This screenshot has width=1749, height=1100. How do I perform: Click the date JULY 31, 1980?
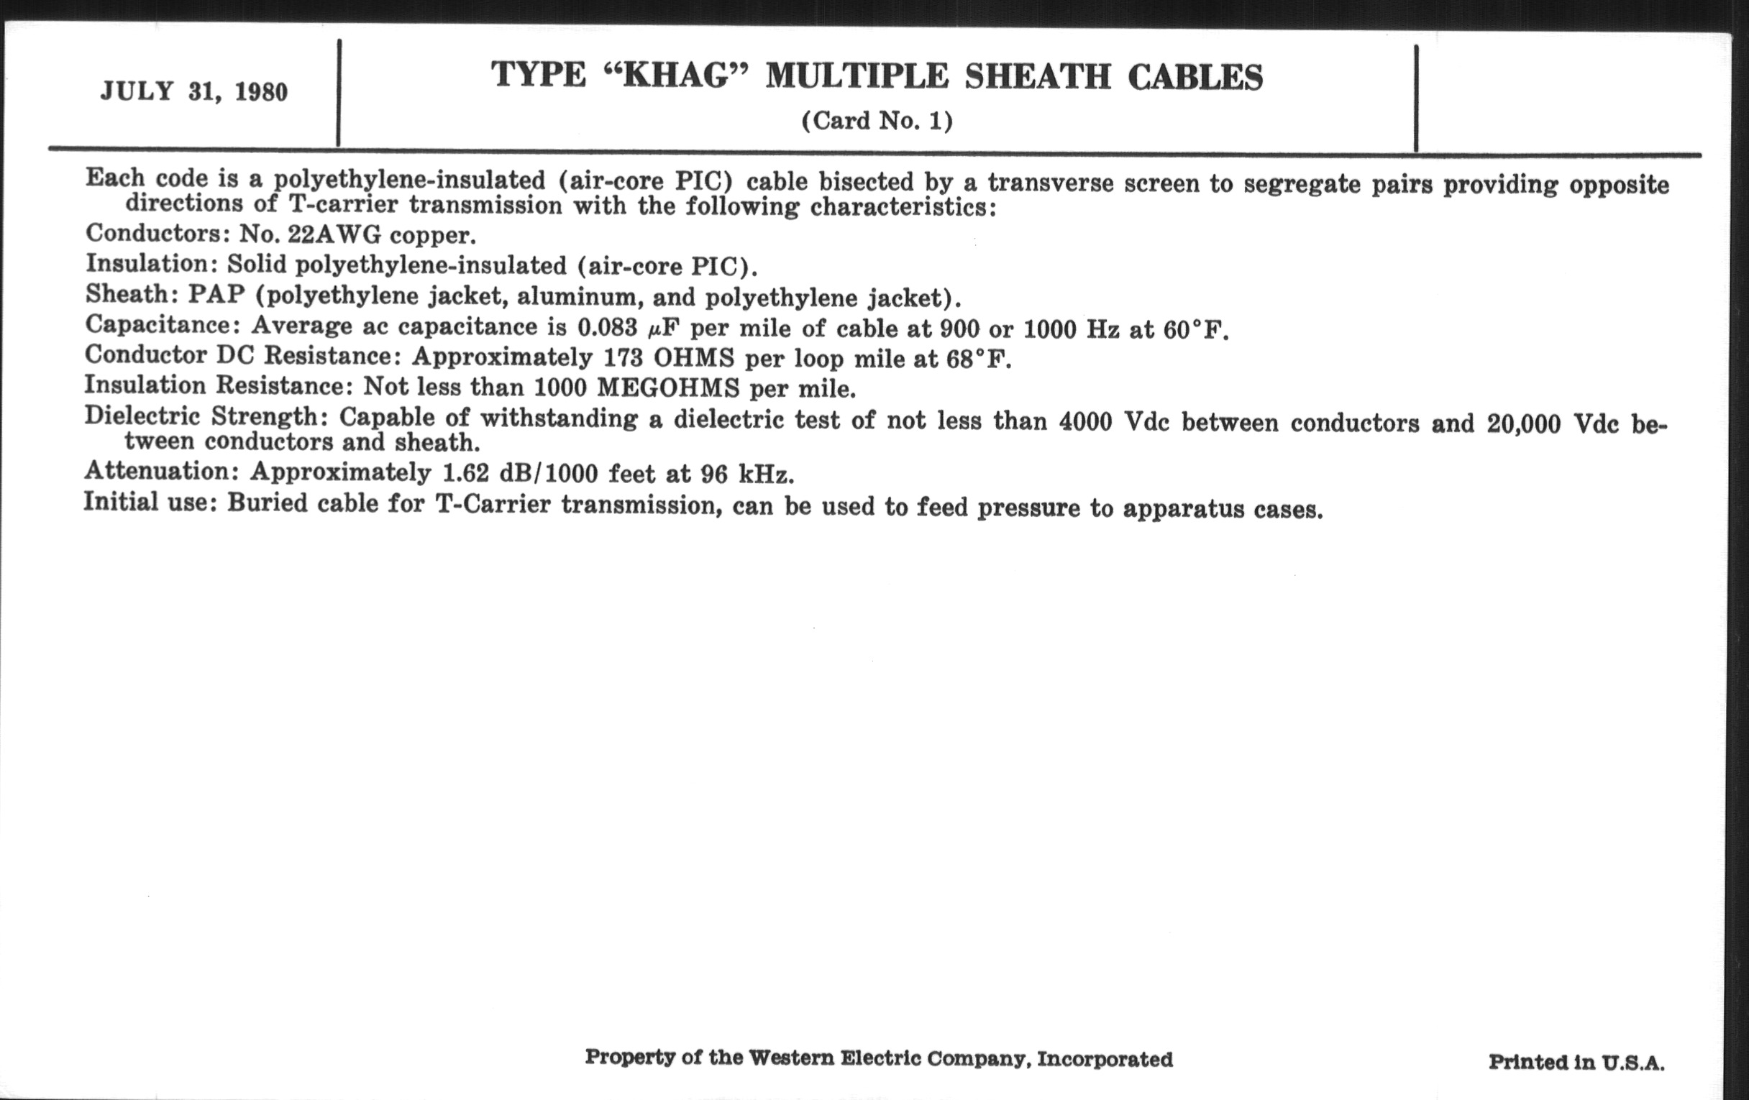pyautogui.click(x=194, y=92)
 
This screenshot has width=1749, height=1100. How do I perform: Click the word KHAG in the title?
pyautogui.click(x=675, y=76)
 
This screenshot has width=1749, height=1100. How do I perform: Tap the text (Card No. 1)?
pyautogui.click(x=877, y=121)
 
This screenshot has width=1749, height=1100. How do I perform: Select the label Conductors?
pyautogui.click(x=156, y=233)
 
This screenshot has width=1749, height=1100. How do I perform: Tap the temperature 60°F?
pyautogui.click(x=1195, y=331)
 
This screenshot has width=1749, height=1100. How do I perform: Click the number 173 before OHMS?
pyautogui.click(x=624, y=358)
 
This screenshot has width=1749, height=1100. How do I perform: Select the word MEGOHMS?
pyautogui.click(x=667, y=388)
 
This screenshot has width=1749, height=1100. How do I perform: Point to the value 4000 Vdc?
pyautogui.click(x=1113, y=421)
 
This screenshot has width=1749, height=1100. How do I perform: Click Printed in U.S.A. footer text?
pyautogui.click(x=1576, y=1063)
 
